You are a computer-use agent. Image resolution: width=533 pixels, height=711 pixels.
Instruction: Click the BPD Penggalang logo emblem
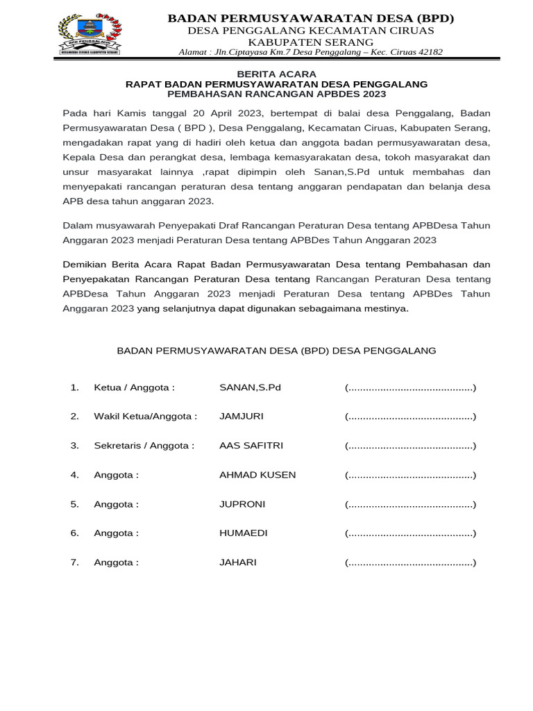tap(90, 34)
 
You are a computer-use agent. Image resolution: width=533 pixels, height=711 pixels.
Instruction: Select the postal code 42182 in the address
tap(428, 52)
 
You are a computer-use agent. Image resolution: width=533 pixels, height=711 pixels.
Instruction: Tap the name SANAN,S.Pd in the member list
tap(250, 387)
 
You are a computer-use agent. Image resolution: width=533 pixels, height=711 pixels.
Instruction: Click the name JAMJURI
tap(241, 417)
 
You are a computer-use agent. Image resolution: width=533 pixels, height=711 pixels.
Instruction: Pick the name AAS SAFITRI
tap(251, 446)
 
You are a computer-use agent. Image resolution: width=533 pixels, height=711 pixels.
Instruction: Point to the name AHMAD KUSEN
tap(257, 475)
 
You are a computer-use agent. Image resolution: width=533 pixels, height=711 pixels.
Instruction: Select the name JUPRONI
tap(242, 504)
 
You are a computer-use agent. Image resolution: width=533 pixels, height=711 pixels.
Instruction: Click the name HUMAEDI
tap(243, 533)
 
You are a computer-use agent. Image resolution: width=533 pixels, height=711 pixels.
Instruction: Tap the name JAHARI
tap(237, 562)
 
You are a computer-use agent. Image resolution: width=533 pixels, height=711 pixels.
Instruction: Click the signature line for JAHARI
tap(410, 562)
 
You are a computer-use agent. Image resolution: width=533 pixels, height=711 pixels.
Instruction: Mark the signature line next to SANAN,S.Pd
tap(410, 387)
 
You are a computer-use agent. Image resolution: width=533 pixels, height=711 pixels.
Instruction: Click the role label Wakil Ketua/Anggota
tap(145, 417)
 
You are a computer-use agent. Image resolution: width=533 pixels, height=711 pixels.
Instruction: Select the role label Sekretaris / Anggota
tap(144, 446)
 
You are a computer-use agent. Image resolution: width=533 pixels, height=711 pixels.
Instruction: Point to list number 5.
tap(74, 504)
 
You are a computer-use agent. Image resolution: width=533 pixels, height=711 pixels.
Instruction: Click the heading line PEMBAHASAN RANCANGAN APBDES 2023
tap(276, 94)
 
